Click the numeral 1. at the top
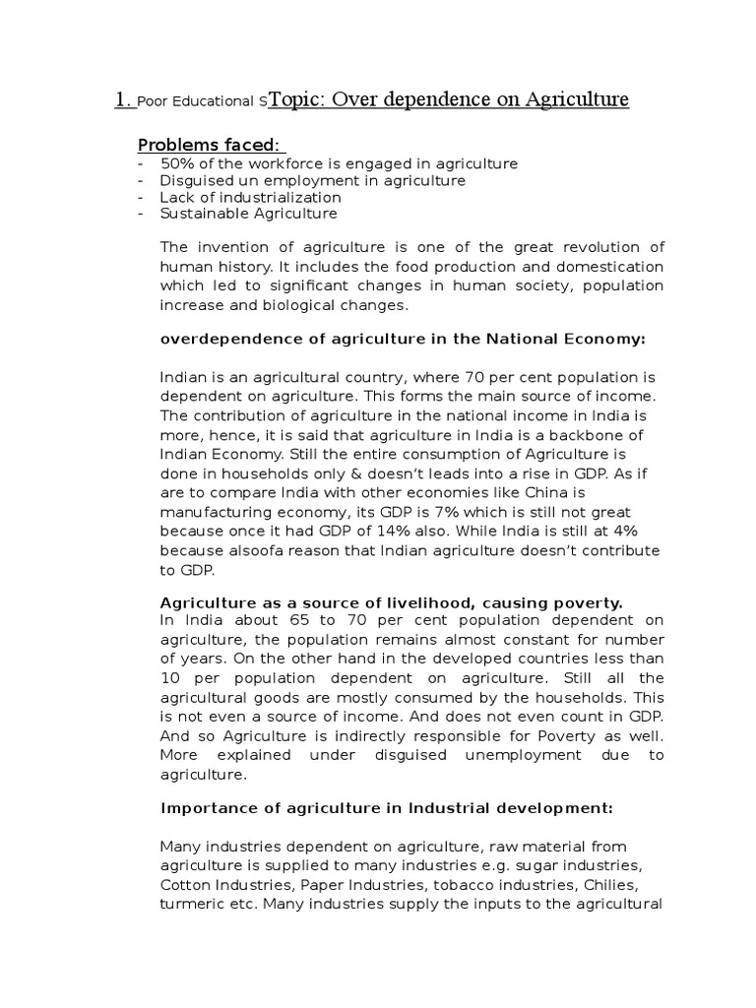click(x=123, y=99)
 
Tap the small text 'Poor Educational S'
click(x=203, y=101)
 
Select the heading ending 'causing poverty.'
click(x=392, y=601)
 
